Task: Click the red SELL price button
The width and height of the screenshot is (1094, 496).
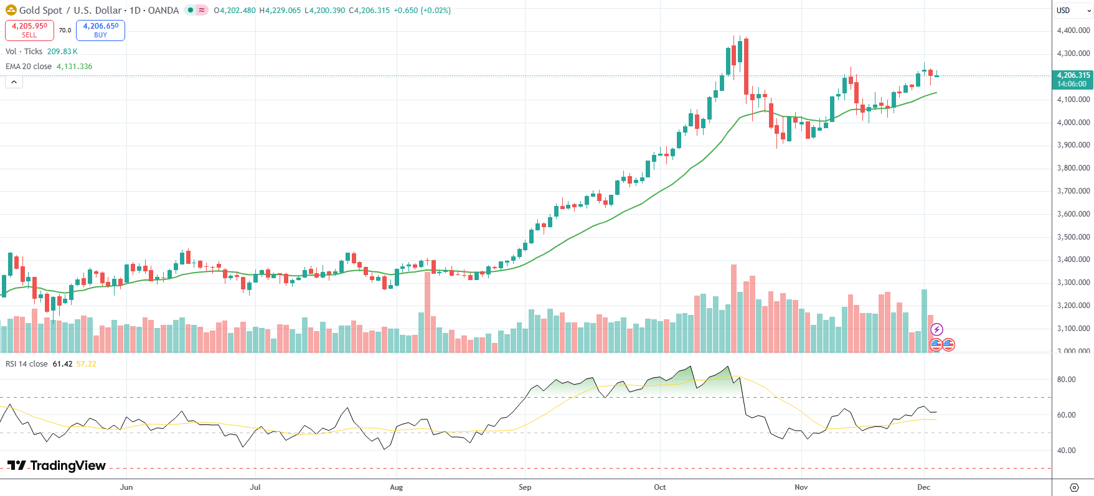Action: pos(29,30)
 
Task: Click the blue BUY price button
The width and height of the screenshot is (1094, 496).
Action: pos(100,30)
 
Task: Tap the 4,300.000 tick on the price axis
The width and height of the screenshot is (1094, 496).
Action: pos(1073,54)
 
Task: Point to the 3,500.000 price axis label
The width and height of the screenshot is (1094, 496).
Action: pos(1073,237)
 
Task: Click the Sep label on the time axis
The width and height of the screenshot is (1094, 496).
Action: pos(525,487)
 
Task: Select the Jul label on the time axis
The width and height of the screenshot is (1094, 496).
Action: pos(255,487)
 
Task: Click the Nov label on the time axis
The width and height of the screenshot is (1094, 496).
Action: pos(801,487)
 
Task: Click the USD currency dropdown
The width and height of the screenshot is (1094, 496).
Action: pos(1073,11)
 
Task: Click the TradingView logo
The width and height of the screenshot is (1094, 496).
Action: pos(57,466)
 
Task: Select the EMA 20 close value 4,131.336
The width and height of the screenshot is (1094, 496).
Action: pos(75,67)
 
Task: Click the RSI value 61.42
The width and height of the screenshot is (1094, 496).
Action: pos(62,364)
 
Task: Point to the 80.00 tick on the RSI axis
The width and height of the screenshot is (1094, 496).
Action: pos(1066,380)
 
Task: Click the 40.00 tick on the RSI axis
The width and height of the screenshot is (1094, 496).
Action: pos(1066,451)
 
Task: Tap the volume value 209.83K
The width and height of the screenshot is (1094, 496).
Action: pos(62,52)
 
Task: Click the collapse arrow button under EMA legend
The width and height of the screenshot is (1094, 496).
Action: pos(14,82)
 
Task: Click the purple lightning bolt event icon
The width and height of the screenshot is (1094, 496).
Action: pos(936,329)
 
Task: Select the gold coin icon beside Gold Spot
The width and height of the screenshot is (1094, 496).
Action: pos(11,11)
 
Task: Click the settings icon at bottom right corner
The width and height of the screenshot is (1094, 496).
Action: pos(1074,487)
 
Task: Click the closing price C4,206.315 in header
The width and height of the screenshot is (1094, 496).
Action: pos(369,11)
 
